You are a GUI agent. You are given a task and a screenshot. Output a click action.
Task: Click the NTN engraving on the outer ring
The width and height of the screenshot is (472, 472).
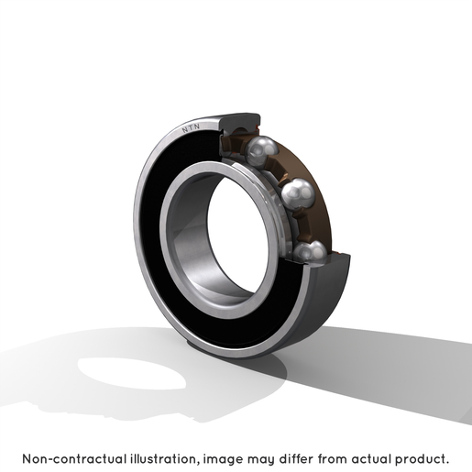191,128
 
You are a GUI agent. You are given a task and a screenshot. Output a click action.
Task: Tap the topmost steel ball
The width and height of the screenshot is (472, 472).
261,151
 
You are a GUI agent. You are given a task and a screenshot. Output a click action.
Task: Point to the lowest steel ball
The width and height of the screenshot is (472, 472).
310,252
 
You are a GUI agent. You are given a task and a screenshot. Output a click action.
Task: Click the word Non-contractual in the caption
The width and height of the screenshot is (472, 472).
74,459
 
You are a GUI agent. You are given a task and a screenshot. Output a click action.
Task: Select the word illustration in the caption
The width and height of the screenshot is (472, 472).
164,459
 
